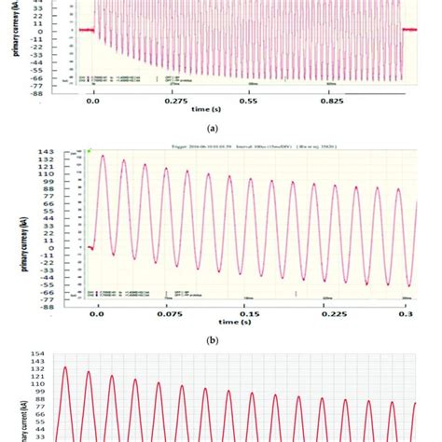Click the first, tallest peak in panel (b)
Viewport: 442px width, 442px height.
click(103, 156)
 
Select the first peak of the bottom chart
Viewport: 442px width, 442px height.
click(65, 367)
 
